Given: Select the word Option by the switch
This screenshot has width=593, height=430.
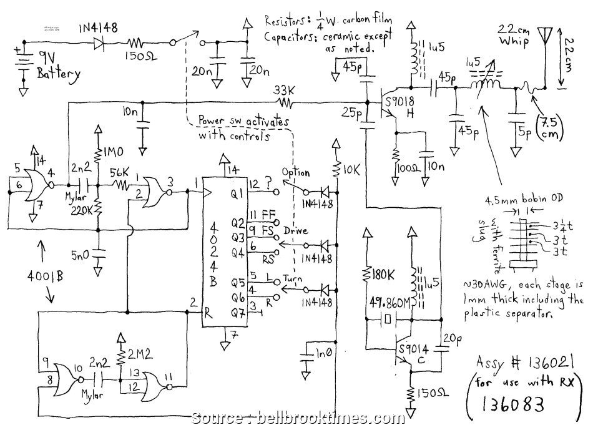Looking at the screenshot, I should pos(295,171).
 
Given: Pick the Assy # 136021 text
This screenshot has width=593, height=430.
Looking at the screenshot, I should pos(525,363).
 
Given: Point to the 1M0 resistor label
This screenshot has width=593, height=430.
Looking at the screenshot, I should pos(113,152).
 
